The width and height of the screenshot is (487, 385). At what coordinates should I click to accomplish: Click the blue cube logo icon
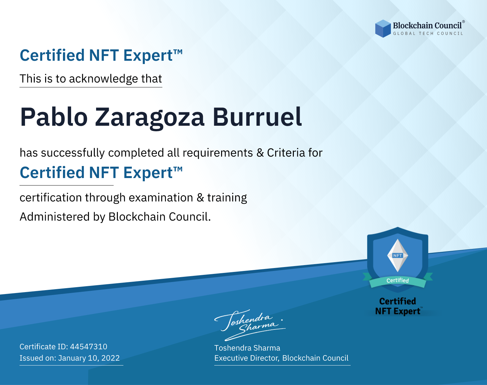pyautogui.click(x=383, y=29)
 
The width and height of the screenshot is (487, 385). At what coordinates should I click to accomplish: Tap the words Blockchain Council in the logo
pyautogui.click(x=427, y=26)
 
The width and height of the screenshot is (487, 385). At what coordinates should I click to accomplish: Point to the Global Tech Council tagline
pyautogui.click(x=428, y=33)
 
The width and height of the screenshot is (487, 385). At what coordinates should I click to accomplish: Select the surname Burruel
pyautogui.click(x=257, y=117)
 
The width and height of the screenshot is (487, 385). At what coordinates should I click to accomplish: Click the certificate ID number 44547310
pyautogui.click(x=89, y=346)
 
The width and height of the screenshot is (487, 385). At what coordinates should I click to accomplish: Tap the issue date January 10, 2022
pyautogui.click(x=89, y=358)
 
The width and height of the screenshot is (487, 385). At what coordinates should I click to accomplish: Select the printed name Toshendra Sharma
pyautogui.click(x=247, y=348)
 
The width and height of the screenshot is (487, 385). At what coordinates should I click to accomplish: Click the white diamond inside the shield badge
pyautogui.click(x=398, y=255)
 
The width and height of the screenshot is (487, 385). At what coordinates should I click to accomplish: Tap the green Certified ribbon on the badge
pyautogui.click(x=398, y=281)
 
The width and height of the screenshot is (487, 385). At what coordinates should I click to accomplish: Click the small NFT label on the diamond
pyautogui.click(x=398, y=255)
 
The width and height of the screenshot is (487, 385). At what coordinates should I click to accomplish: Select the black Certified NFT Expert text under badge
pyautogui.click(x=398, y=306)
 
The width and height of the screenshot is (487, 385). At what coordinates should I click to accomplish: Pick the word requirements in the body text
pyautogui.click(x=218, y=153)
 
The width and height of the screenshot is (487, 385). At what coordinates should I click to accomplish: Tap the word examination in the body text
pyautogui.click(x=161, y=198)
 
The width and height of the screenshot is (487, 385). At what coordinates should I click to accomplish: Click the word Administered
pyautogui.click(x=55, y=217)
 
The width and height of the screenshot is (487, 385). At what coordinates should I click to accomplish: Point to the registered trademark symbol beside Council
pyautogui.click(x=464, y=22)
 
